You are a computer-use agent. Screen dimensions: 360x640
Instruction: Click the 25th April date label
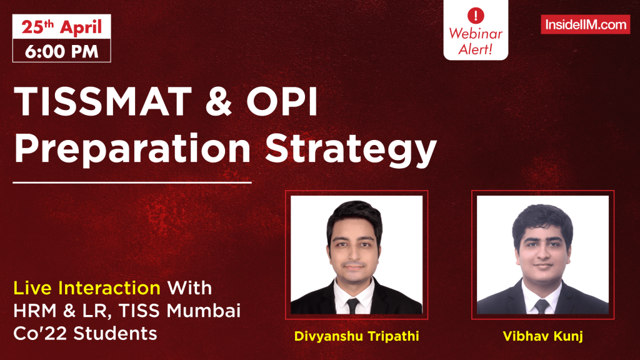tap(61, 28)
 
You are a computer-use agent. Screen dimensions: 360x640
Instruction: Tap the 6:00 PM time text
tap(62, 51)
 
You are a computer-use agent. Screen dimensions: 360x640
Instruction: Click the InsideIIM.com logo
tap(585, 24)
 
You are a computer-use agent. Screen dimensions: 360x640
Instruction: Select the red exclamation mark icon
tap(476, 13)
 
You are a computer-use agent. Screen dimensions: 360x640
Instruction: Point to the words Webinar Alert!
tap(476, 42)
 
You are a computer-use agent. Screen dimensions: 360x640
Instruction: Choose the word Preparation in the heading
tap(133, 150)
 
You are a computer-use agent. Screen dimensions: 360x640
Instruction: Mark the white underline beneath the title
tap(132, 183)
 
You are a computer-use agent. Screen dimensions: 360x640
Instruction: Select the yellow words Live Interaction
tap(87, 288)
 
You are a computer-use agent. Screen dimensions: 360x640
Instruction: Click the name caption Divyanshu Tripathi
tap(356, 336)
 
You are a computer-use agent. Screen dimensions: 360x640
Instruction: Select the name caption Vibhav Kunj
tap(542, 336)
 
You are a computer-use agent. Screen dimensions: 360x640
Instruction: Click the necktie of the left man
tap(353, 306)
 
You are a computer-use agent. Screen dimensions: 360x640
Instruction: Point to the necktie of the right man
tap(541, 306)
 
